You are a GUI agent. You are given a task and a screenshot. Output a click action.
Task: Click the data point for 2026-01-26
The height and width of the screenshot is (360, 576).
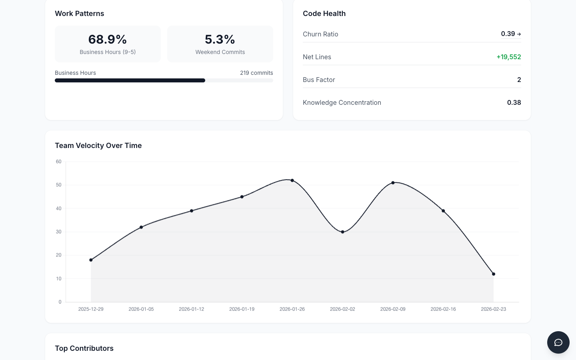click(292, 180)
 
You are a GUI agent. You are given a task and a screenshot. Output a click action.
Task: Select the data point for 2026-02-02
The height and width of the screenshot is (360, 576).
click(343, 232)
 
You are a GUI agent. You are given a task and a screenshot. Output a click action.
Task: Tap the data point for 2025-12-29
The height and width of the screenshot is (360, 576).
click(91, 260)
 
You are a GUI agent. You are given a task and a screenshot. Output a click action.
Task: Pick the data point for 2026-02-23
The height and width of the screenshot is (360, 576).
click(494, 274)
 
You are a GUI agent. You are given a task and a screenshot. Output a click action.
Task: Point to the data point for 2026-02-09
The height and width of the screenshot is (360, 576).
click(393, 183)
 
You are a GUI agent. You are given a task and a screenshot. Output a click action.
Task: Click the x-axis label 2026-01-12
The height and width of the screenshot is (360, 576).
click(191, 309)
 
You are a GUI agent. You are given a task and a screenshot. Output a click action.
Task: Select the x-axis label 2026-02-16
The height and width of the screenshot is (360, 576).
click(443, 309)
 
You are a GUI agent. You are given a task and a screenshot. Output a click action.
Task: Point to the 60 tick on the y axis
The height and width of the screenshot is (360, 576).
click(59, 162)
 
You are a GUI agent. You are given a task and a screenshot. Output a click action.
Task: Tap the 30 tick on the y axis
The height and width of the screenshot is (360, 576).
click(59, 232)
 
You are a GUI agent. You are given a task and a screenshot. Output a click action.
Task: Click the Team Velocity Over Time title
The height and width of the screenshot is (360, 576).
click(98, 146)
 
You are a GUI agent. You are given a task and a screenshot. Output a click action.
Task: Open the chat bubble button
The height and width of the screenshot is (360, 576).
click(558, 342)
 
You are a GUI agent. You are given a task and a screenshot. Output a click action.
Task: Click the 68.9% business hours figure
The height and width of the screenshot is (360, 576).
click(108, 39)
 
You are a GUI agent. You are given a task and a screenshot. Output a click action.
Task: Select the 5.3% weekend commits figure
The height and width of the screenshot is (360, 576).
click(220, 39)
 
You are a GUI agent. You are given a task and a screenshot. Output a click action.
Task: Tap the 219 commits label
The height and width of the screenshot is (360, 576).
click(256, 73)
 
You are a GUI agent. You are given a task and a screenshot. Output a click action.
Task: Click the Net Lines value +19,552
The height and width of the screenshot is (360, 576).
click(508, 57)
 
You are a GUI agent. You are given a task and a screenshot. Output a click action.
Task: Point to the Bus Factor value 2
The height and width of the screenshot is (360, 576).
click(519, 80)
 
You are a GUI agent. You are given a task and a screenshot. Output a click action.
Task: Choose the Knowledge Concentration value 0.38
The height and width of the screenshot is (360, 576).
click(514, 102)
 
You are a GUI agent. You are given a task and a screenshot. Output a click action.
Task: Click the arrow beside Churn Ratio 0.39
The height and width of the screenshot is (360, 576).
click(519, 34)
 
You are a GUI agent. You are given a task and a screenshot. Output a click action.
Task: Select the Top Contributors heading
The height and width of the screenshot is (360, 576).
click(84, 348)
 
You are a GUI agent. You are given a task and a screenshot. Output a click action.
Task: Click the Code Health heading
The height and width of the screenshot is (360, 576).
click(324, 14)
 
